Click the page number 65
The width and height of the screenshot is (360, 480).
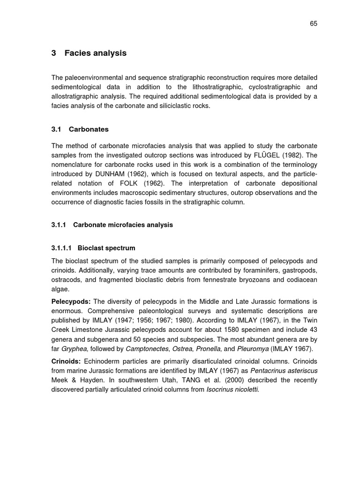tap(314, 24)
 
